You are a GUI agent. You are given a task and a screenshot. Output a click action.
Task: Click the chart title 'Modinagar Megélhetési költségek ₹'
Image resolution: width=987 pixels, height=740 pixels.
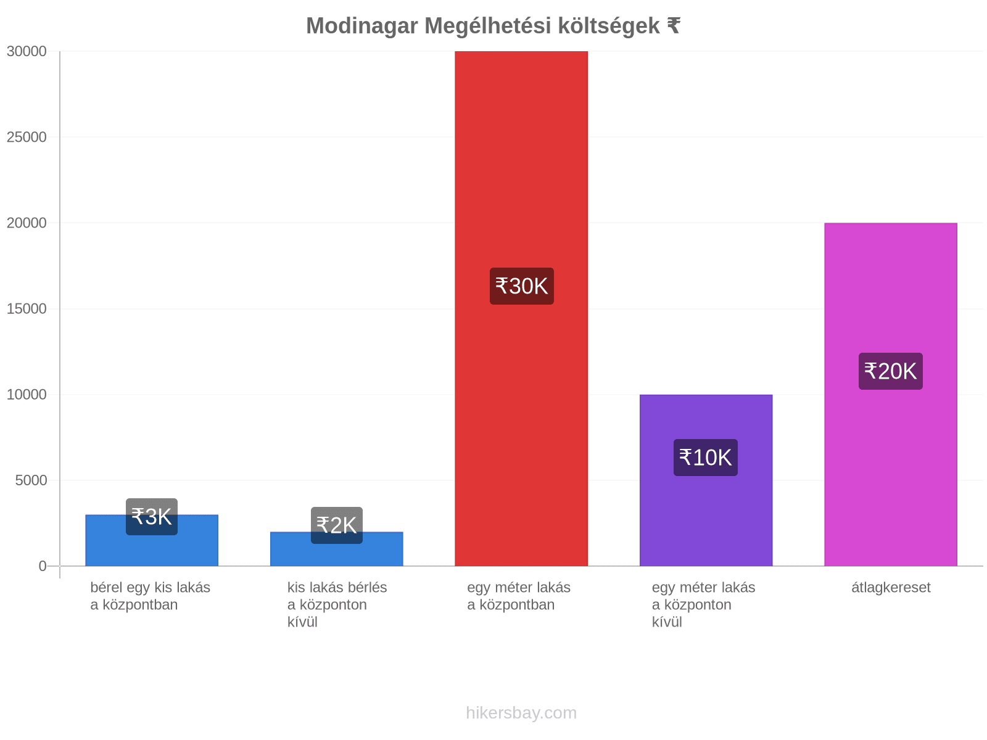tap(493, 26)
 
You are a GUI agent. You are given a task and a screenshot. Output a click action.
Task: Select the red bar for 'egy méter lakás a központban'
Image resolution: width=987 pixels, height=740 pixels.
tap(521, 308)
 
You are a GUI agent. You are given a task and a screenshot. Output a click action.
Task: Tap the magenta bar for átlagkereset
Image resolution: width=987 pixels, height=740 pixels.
tap(890, 395)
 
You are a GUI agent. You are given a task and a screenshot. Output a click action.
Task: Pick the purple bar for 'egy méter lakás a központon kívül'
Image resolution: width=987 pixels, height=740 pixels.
tap(706, 480)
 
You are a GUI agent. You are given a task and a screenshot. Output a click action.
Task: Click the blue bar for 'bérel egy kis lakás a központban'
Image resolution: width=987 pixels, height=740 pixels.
tap(152, 541)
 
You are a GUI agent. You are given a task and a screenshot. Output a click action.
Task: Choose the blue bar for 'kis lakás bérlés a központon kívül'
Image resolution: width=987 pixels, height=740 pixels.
tap(336, 549)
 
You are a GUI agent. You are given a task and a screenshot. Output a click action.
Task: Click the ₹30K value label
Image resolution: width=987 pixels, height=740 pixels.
tap(522, 286)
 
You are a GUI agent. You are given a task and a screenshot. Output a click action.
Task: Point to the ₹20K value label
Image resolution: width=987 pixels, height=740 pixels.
tap(890, 371)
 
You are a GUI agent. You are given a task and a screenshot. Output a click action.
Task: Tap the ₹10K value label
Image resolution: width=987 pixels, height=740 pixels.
tap(706, 458)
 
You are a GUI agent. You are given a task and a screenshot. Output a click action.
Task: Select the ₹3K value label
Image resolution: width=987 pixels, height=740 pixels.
tap(152, 517)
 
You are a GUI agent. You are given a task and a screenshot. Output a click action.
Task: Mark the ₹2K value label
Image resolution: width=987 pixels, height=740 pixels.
tap(336, 525)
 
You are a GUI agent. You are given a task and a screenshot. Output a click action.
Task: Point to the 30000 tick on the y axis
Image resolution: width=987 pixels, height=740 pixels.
tap(27, 51)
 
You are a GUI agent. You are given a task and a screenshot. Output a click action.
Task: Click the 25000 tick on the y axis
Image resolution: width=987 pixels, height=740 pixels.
tap(27, 137)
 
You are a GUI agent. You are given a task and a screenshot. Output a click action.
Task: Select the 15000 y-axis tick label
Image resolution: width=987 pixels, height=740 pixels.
tap(27, 309)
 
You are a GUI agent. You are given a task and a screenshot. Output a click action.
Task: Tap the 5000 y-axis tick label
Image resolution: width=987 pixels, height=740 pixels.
tap(31, 480)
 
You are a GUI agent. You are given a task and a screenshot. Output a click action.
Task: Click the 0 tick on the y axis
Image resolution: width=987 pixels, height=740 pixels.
tap(43, 566)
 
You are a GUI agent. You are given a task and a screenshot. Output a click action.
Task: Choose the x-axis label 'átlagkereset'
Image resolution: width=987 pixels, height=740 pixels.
tap(891, 587)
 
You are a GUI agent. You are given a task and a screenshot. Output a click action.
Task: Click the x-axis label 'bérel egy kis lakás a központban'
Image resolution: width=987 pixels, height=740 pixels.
tap(150, 596)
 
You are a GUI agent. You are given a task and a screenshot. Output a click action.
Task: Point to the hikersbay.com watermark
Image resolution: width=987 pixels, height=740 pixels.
tap(521, 713)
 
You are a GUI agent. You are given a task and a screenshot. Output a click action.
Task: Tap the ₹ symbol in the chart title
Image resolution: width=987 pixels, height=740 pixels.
tap(674, 26)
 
